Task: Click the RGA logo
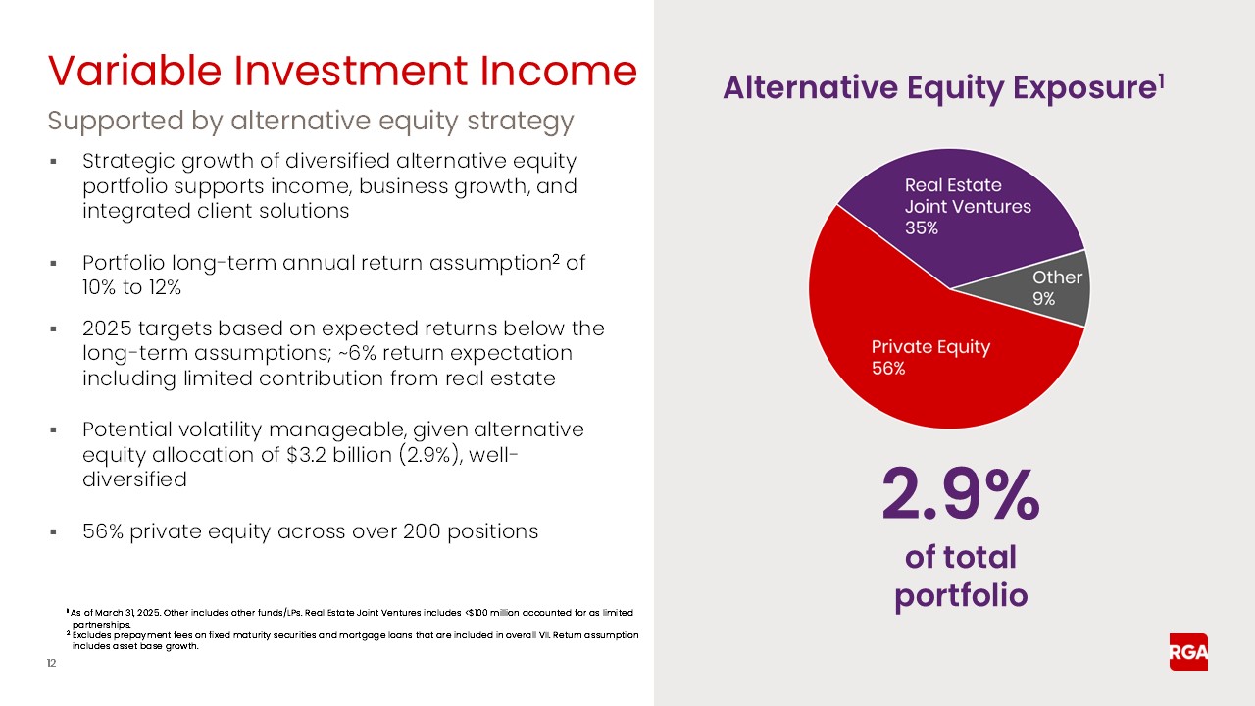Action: (x=1188, y=652)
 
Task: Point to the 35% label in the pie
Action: (x=922, y=228)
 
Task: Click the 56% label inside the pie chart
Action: (x=888, y=369)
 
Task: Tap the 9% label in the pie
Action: (x=1043, y=299)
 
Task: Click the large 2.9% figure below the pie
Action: (x=961, y=496)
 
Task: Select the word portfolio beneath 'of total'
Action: (x=961, y=595)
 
